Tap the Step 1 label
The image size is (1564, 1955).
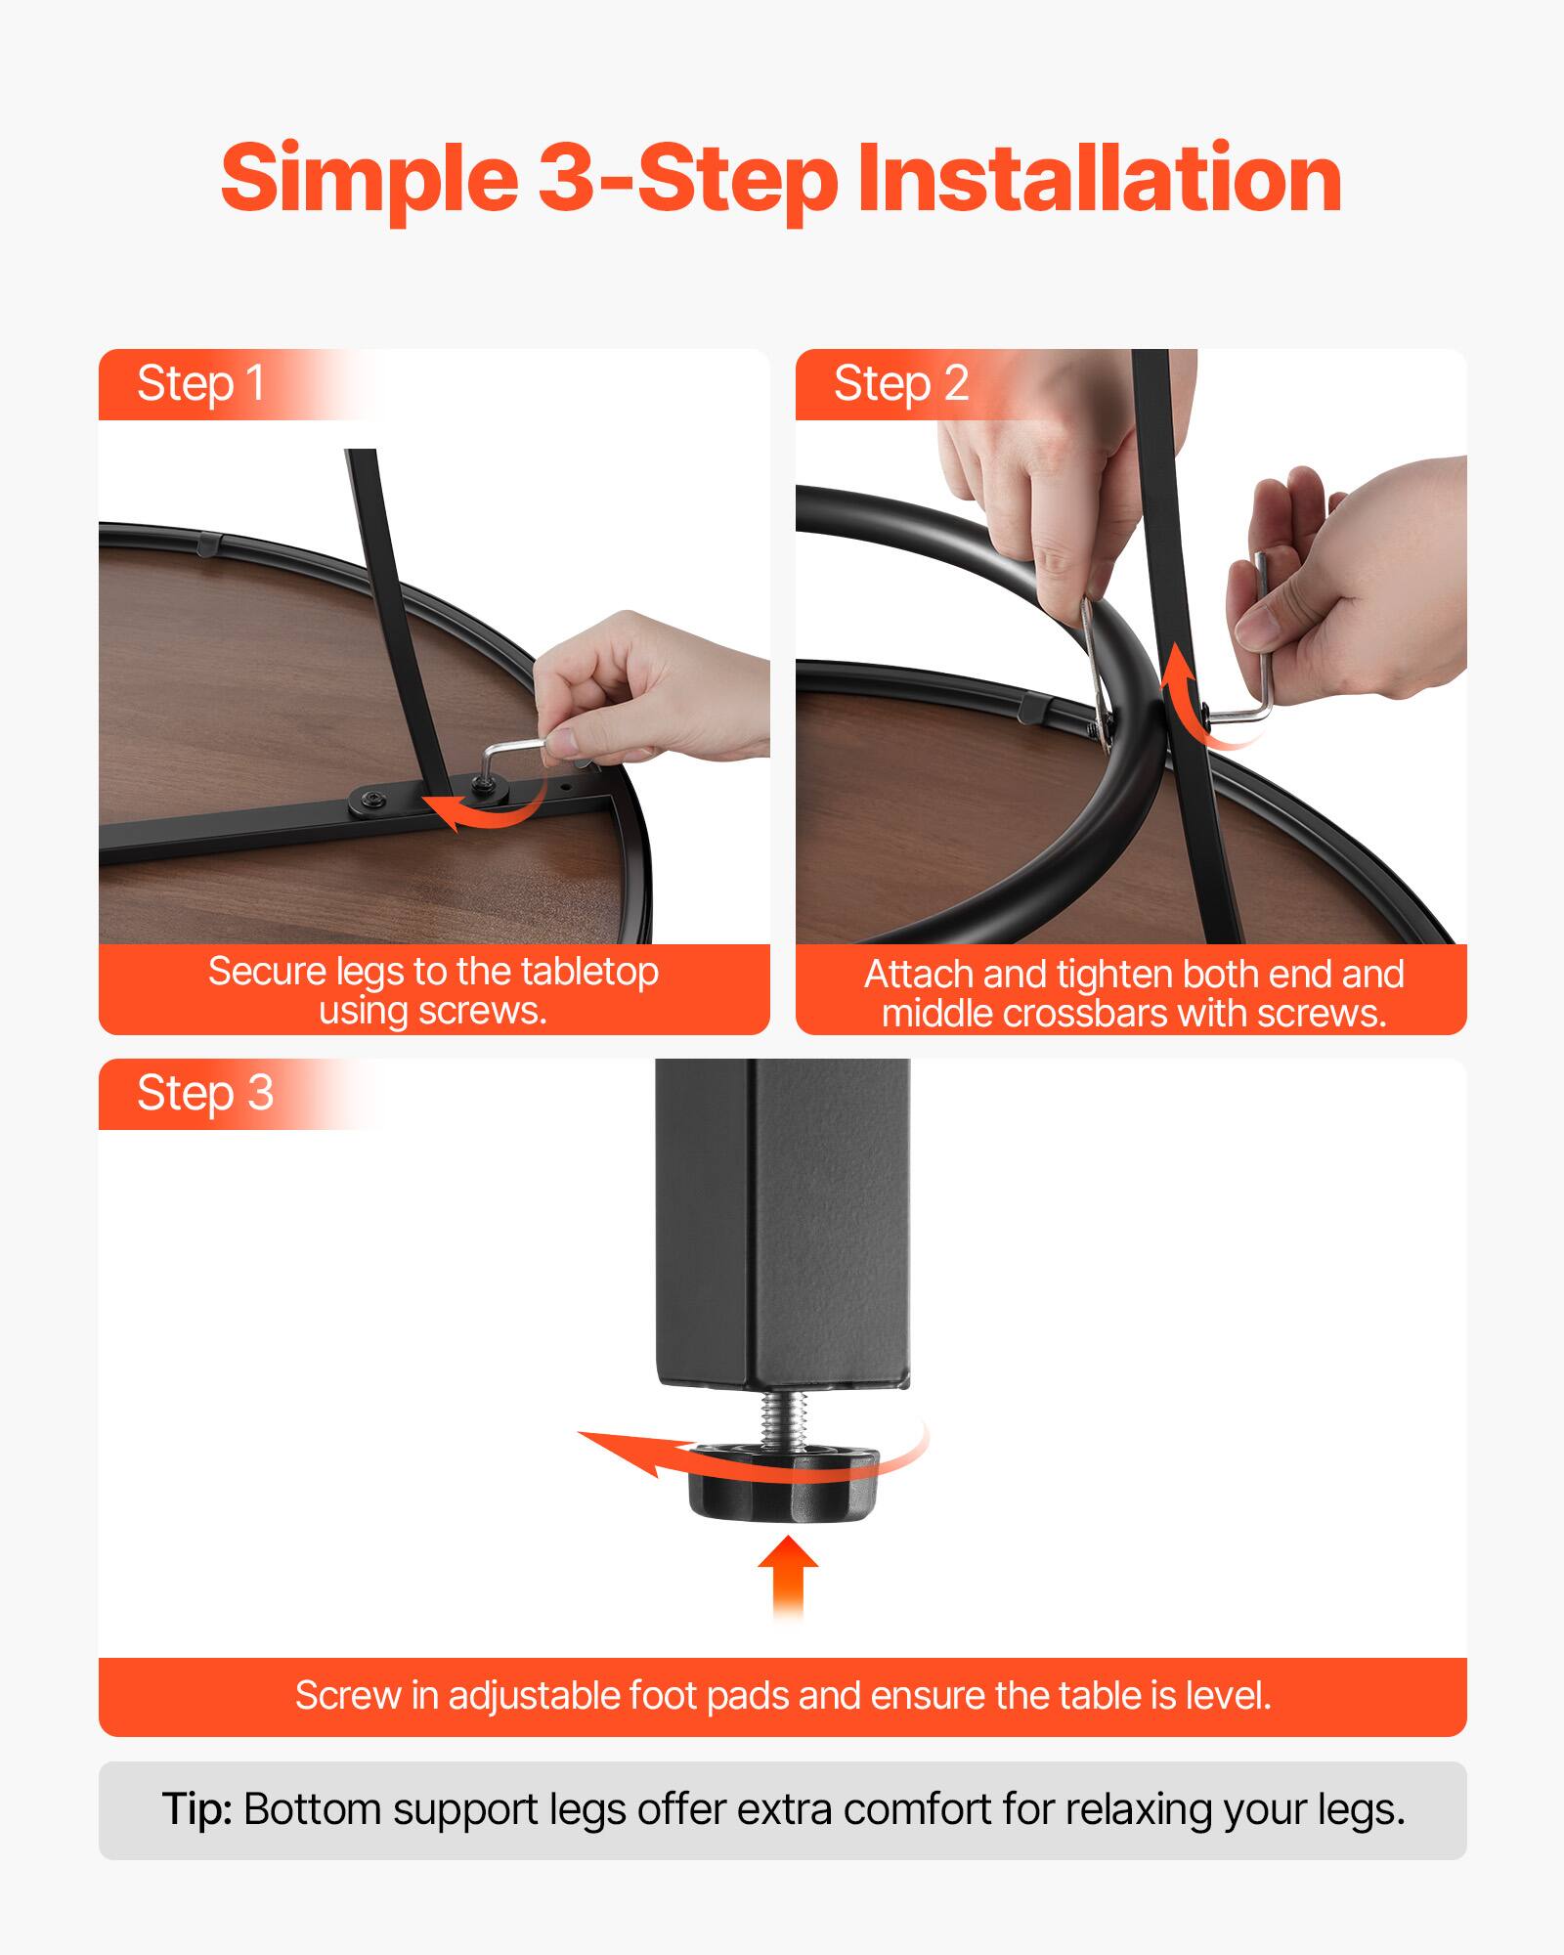pyautogui.click(x=200, y=383)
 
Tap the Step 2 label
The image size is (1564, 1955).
pyautogui.click(x=900, y=383)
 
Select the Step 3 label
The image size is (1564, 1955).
pyautogui.click(x=204, y=1093)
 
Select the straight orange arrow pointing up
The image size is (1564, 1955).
pyautogui.click(x=788, y=1574)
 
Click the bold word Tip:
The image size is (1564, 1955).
pyautogui.click(x=196, y=1809)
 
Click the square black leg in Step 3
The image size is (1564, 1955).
pyautogui.click(x=782, y=1222)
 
